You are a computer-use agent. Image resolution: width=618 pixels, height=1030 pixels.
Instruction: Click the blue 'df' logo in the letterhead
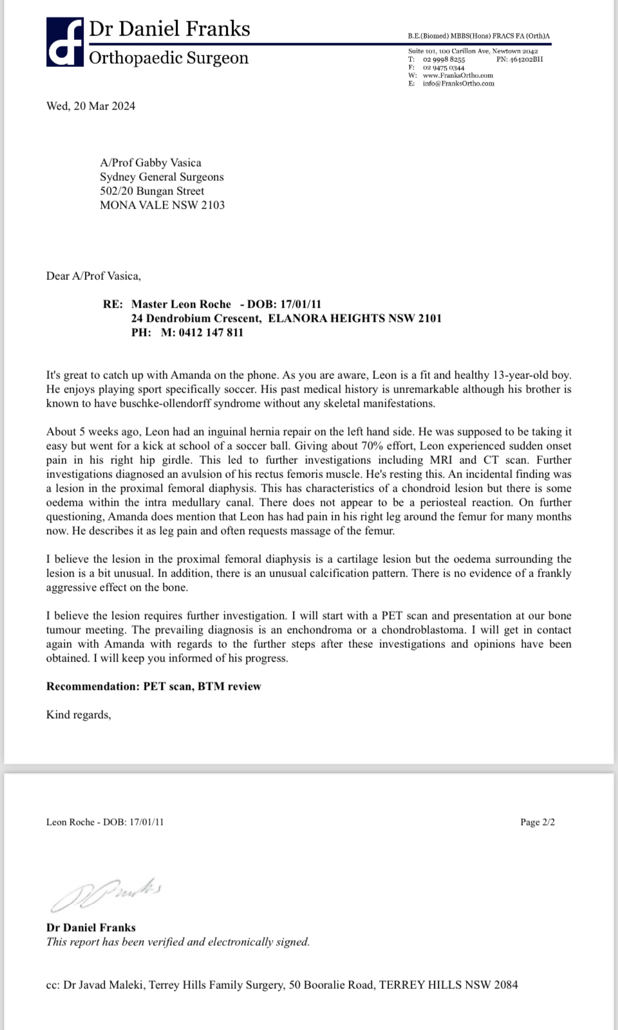[x=64, y=42]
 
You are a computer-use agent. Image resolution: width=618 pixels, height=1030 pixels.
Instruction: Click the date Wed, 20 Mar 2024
[x=91, y=106]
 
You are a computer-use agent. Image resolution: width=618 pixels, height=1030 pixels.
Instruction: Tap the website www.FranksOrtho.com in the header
[x=458, y=75]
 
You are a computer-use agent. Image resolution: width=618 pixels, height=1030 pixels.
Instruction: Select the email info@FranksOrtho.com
[x=458, y=83]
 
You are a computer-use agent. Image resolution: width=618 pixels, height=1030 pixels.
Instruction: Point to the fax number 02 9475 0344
[x=444, y=68]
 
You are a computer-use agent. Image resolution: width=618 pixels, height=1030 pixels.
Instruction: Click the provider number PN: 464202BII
[x=520, y=59]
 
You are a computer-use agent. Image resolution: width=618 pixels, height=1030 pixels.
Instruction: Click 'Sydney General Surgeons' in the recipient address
[x=162, y=177]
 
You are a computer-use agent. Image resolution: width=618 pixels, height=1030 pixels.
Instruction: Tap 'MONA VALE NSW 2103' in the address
[x=162, y=205]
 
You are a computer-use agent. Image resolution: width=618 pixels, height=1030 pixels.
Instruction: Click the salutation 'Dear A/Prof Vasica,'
[x=93, y=276]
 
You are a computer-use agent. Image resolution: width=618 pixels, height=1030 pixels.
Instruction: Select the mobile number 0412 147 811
[x=211, y=333]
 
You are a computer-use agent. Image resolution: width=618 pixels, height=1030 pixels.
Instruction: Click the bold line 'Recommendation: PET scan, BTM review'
[x=153, y=686]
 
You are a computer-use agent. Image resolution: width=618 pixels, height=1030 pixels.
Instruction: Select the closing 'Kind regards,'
[x=79, y=715]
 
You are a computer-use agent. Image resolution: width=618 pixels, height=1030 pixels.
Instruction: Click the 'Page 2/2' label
[x=538, y=822]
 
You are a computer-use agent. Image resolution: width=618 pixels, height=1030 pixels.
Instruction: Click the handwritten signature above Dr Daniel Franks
[x=106, y=894]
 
